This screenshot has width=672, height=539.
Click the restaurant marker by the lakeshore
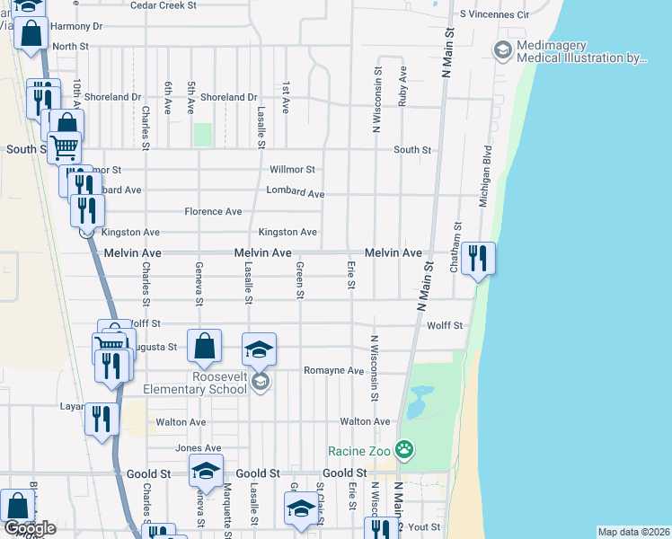(x=478, y=259)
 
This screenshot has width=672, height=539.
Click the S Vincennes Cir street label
(x=495, y=15)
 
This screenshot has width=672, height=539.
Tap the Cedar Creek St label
(x=164, y=5)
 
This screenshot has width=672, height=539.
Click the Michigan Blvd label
(x=485, y=176)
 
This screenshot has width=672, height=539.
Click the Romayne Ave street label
(x=333, y=370)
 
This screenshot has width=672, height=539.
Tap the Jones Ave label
(x=199, y=448)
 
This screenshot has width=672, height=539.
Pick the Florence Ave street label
(x=213, y=212)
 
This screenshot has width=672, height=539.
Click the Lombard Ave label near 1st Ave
(x=296, y=193)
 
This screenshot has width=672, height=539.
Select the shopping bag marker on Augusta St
(x=205, y=345)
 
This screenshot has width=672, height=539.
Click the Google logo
(x=29, y=528)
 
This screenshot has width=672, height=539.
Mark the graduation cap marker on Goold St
(x=206, y=472)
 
